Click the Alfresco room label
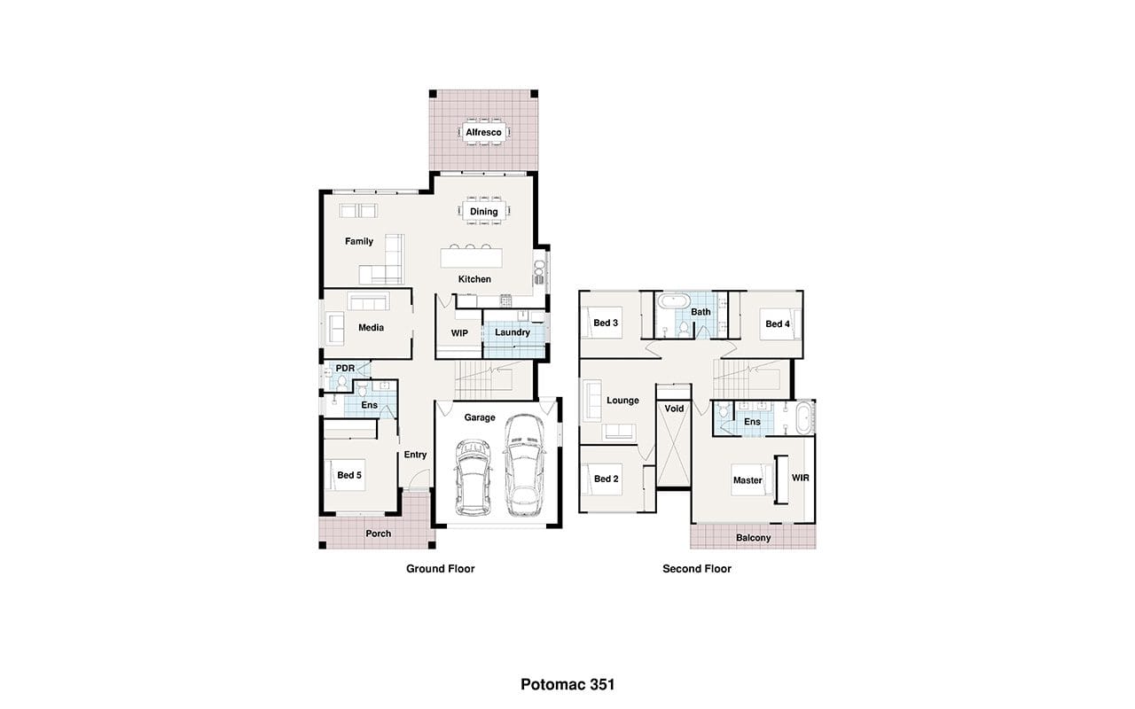(483, 132)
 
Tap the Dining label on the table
(483, 211)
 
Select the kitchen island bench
(471, 258)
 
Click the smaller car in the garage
(473, 477)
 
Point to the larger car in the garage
(524, 465)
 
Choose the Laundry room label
(513, 332)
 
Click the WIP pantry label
(459, 333)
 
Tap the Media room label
(371, 328)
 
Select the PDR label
(345, 368)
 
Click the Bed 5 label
(349, 475)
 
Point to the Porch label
(378, 534)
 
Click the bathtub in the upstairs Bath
(673, 301)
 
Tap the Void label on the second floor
(674, 409)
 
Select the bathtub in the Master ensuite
(803, 417)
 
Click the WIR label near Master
(801, 478)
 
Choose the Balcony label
(754, 538)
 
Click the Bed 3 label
(606, 323)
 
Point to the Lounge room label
(622, 400)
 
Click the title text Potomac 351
(567, 685)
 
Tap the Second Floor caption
(697, 569)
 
